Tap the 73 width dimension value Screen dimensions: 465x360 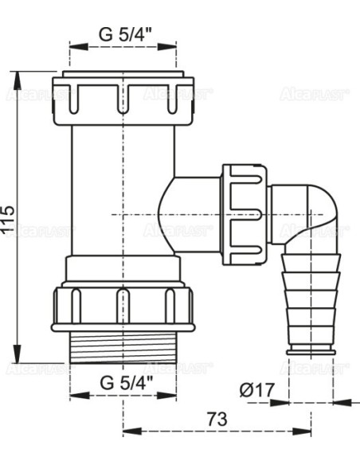point(216,419)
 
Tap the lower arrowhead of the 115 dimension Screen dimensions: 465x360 point(17,358)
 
